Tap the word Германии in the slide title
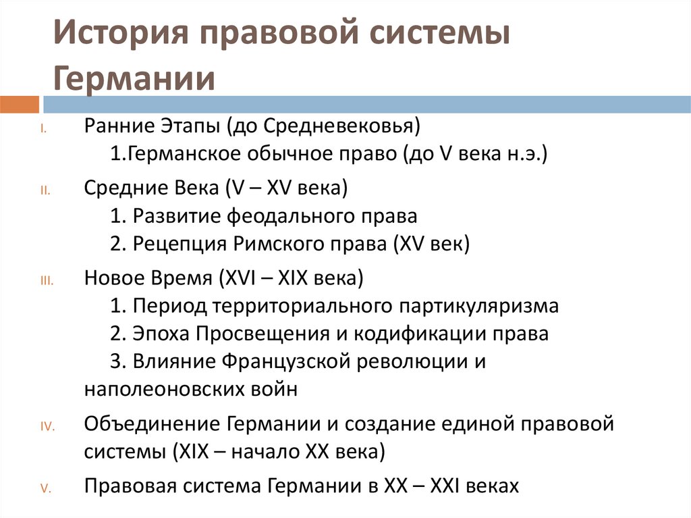134,78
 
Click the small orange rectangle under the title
20,105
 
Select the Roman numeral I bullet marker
43,128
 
